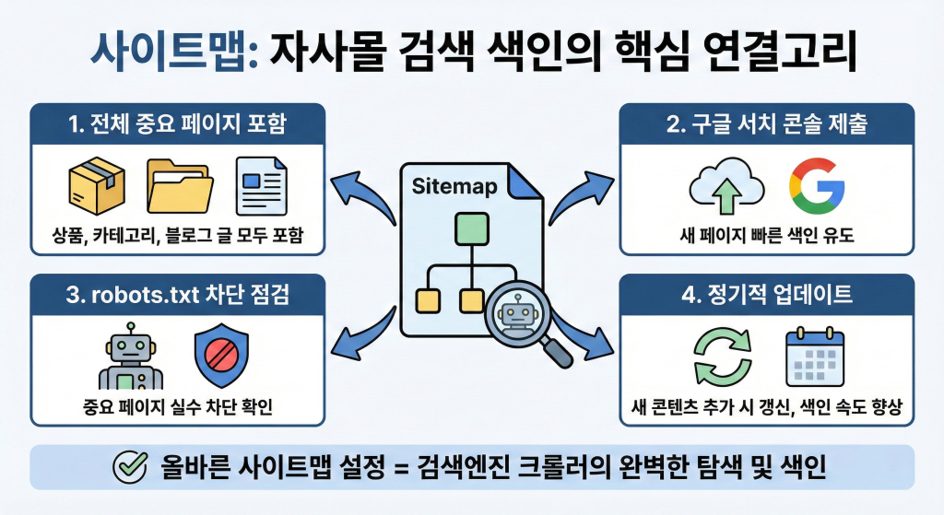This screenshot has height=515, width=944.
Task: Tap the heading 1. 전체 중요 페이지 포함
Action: click(x=178, y=124)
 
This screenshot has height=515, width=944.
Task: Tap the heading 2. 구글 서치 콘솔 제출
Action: click(x=766, y=124)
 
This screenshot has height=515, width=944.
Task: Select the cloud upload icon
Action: click(x=726, y=186)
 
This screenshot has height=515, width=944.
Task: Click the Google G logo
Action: click(x=817, y=185)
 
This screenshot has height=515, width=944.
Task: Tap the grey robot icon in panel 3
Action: click(x=131, y=358)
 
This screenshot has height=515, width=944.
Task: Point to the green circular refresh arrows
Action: click(x=723, y=358)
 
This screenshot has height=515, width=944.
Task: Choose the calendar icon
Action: click(x=814, y=357)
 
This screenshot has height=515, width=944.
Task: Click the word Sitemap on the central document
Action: click(x=454, y=187)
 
